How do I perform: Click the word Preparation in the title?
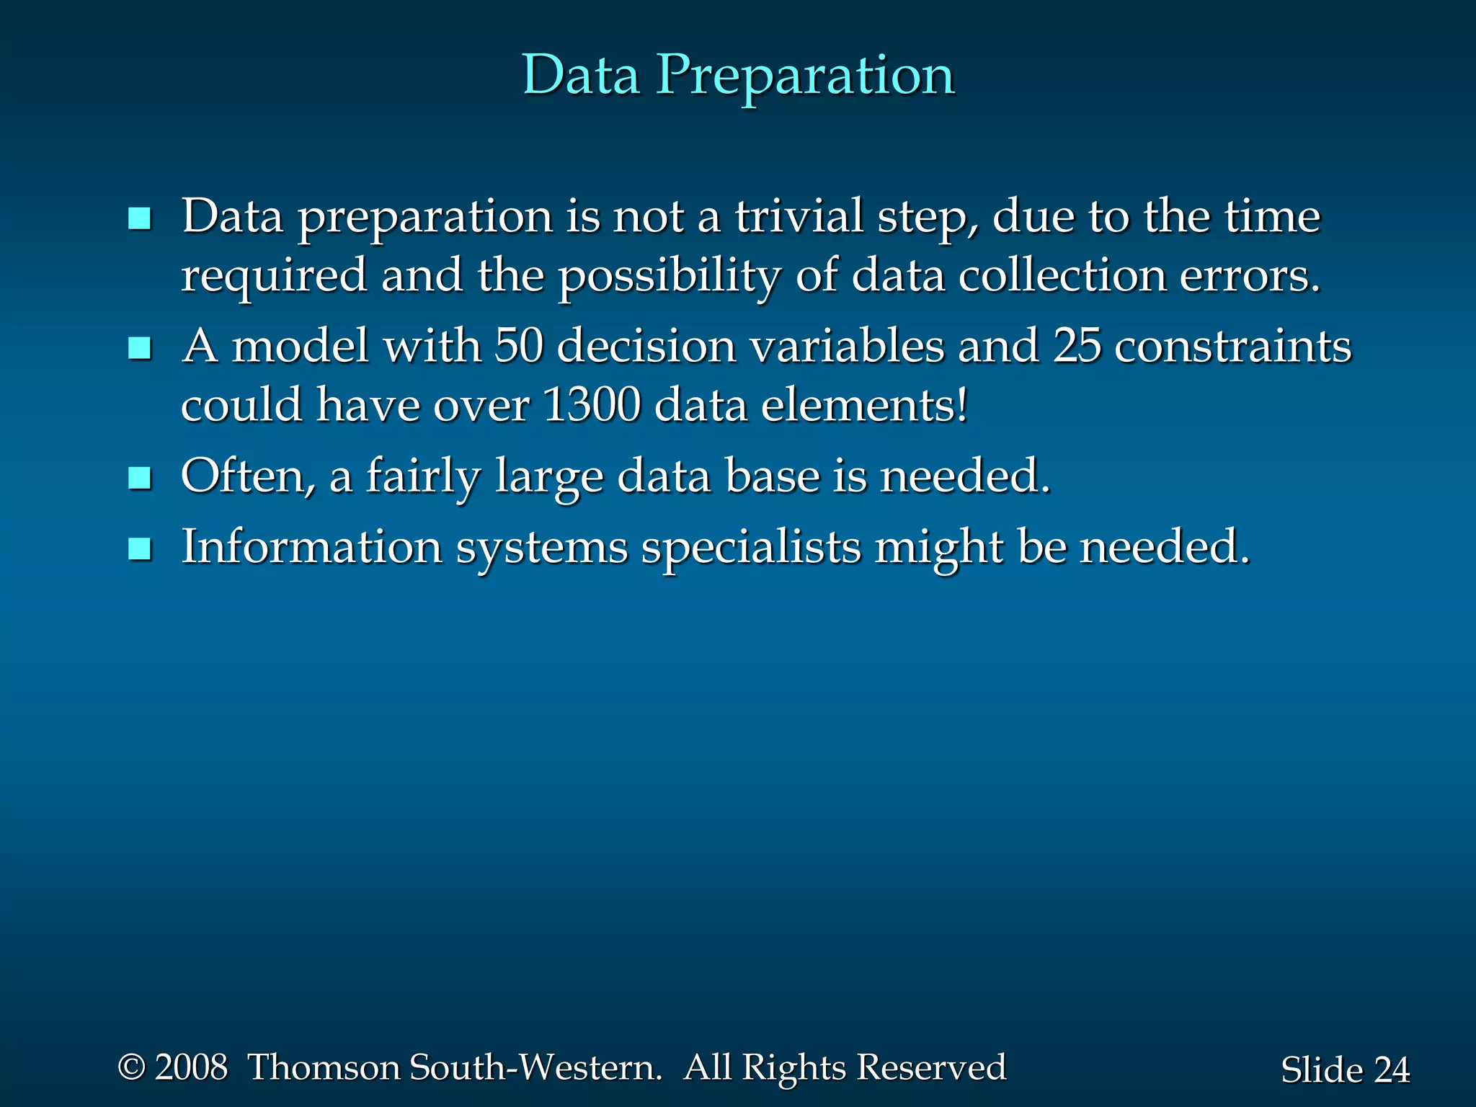coord(805,76)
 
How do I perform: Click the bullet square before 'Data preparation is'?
coord(139,218)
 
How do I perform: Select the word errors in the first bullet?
coord(1250,276)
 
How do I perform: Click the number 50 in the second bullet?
coord(518,346)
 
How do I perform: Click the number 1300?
coord(592,405)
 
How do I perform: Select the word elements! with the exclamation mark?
coord(865,405)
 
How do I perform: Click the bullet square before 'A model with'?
coord(139,349)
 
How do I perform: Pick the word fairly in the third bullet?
coord(423,478)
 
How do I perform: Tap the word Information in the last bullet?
coord(311,547)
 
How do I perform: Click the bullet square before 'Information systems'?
coord(139,549)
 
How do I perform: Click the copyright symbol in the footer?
coord(131,1067)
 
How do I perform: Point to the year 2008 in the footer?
coord(191,1067)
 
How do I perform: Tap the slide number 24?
coord(1391,1070)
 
